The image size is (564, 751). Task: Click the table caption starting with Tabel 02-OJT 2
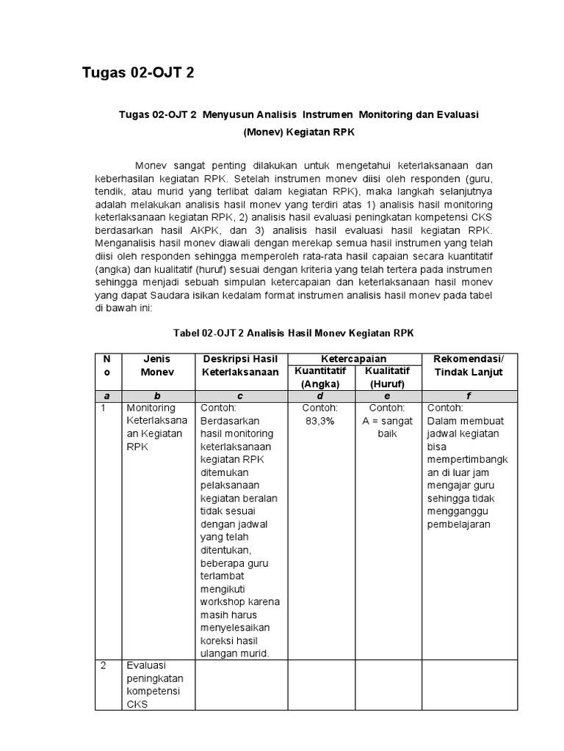(x=294, y=333)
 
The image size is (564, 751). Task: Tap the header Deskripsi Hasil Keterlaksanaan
(x=239, y=365)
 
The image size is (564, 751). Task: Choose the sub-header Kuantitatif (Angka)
(x=320, y=378)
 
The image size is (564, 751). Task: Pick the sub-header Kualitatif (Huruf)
(x=388, y=378)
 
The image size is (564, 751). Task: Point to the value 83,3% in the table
(x=320, y=421)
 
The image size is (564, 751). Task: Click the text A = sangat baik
(x=388, y=428)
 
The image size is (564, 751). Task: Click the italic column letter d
(x=320, y=395)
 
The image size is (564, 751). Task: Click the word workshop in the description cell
(x=222, y=601)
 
